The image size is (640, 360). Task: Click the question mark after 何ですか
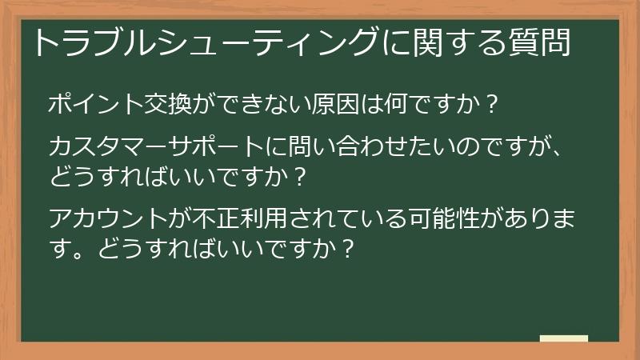(493, 105)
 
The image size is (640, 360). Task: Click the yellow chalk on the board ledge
(563, 338)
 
